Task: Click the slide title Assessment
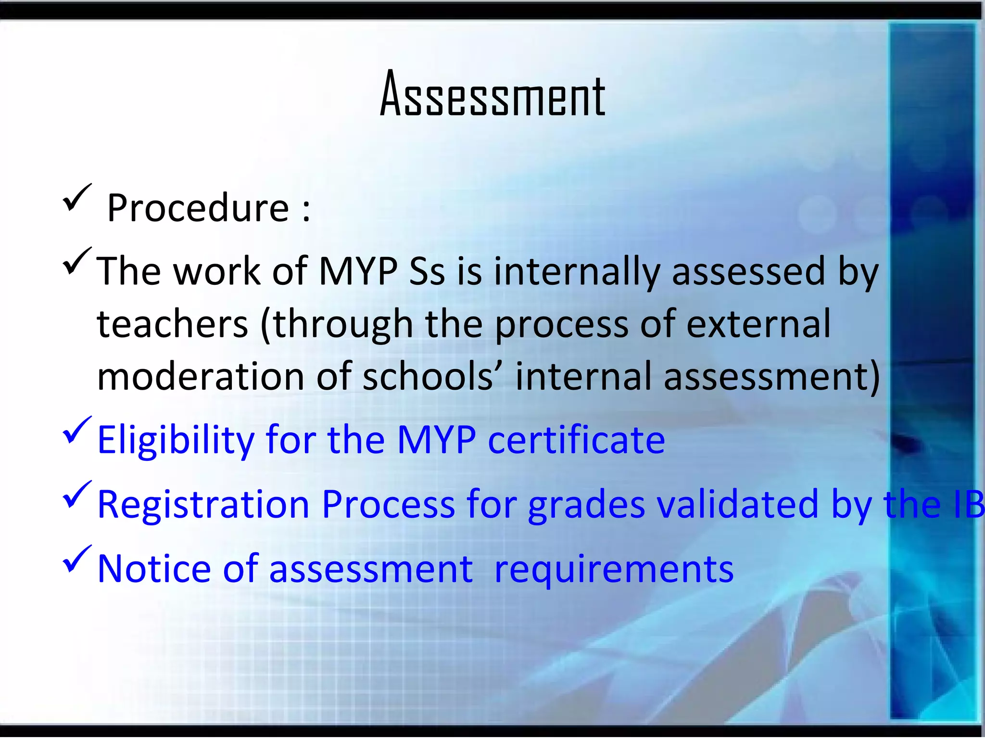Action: (x=492, y=94)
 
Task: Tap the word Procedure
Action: (x=198, y=208)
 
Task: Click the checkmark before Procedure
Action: (x=76, y=198)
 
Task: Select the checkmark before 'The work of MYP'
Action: (x=76, y=261)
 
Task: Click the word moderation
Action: (x=200, y=376)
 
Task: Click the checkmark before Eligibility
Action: (x=76, y=430)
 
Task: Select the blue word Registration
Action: (x=203, y=504)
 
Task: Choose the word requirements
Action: (x=614, y=570)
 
